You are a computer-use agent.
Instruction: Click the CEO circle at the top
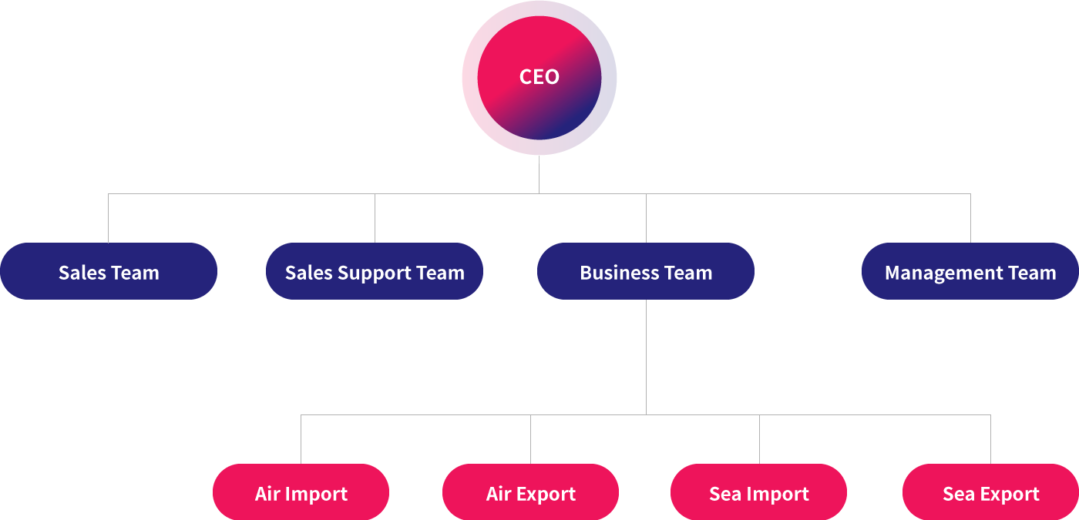[x=539, y=77]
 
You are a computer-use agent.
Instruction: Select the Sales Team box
[x=109, y=271]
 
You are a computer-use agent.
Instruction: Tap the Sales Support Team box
[x=375, y=271]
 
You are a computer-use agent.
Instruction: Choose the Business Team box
[x=646, y=271]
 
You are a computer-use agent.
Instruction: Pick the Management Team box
[x=970, y=271]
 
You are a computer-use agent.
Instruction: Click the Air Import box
[x=301, y=492]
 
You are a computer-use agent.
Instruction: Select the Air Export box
[x=530, y=492]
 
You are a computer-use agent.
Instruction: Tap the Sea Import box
[x=759, y=492]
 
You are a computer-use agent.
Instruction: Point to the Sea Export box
[x=990, y=492]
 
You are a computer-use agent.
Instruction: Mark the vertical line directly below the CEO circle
[x=539, y=178]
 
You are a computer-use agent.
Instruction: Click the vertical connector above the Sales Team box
[x=109, y=219]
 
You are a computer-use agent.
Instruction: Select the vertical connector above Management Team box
[x=970, y=219]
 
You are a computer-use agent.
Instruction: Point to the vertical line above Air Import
[x=301, y=439]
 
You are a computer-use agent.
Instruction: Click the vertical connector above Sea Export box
[x=990, y=439]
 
